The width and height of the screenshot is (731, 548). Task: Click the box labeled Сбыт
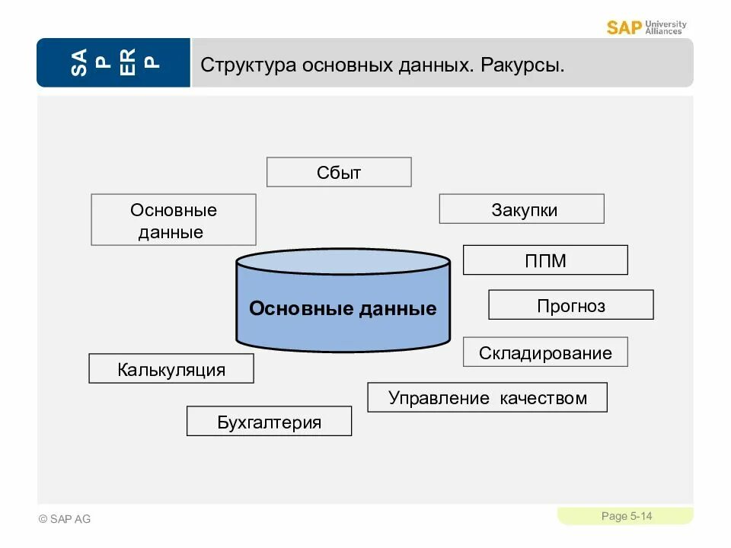tap(339, 172)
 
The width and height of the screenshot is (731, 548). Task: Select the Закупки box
tap(522, 209)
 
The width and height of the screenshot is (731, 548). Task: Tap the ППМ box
tap(545, 260)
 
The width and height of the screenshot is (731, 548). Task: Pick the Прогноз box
tap(571, 305)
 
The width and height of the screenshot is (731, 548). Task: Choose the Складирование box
tap(545, 352)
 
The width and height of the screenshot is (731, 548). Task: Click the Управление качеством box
tap(487, 397)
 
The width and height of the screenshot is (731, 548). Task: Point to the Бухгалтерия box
tap(269, 421)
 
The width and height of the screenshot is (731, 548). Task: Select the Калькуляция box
tap(171, 369)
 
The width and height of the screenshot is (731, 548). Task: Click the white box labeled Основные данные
tap(174, 220)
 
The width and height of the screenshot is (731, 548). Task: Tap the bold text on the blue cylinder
tap(343, 308)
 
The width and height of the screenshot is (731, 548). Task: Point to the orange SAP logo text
tap(624, 28)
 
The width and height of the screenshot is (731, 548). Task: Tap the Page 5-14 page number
tap(626, 517)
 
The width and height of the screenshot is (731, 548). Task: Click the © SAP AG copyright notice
tap(65, 519)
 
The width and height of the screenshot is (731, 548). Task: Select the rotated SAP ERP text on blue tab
tap(113, 62)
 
